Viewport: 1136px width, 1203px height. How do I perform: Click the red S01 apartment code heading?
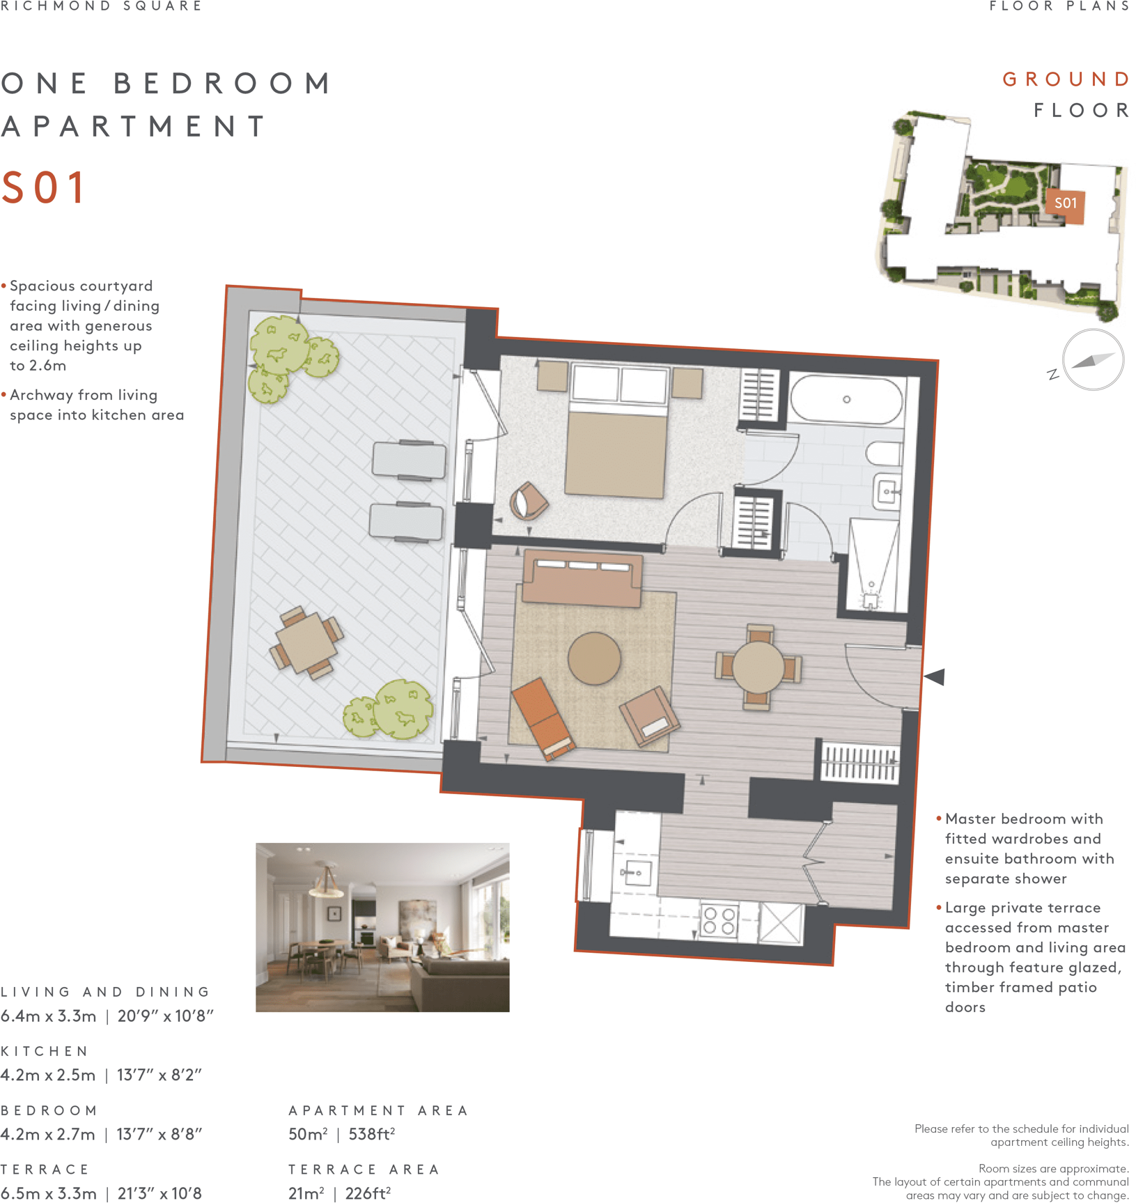click(x=43, y=187)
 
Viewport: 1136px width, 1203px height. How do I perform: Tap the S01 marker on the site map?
click(x=1065, y=203)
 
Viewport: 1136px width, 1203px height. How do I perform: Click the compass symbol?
click(x=1092, y=359)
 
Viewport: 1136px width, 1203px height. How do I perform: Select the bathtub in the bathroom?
click(x=846, y=400)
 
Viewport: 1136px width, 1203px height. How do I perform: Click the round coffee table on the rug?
click(x=594, y=658)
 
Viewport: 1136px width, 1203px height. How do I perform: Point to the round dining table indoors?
click(x=758, y=667)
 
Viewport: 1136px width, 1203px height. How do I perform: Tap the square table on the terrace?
click(x=306, y=642)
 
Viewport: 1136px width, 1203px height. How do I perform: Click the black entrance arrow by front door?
click(x=934, y=676)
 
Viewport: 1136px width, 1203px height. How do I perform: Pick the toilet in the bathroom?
click(x=884, y=454)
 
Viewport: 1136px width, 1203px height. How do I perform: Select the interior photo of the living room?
click(x=382, y=927)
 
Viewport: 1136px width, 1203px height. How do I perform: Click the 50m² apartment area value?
click(x=308, y=1134)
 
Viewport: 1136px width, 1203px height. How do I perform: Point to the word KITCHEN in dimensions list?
click(x=45, y=1051)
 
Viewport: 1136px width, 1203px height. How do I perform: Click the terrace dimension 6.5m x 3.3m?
click(x=49, y=1193)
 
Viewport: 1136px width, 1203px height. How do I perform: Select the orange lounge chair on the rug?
click(x=544, y=719)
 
